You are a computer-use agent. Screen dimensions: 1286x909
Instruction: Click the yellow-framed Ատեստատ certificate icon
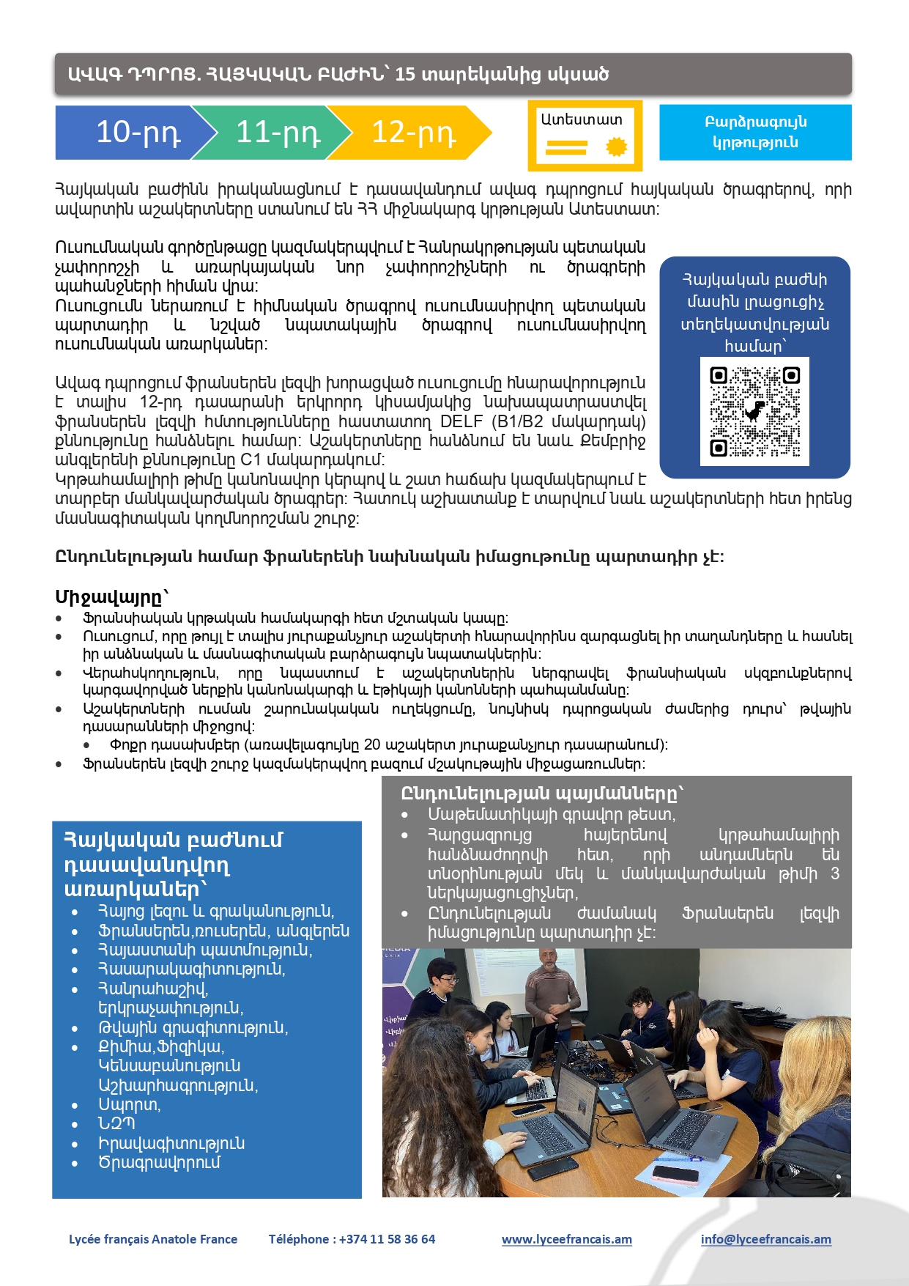tap(585, 136)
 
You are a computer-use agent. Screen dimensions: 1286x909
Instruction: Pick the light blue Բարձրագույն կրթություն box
tap(755, 132)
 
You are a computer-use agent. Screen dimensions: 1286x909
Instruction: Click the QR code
tap(754, 411)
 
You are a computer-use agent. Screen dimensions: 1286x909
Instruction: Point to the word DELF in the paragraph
tap(461, 422)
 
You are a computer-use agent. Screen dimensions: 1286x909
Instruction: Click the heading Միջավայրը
tap(112, 596)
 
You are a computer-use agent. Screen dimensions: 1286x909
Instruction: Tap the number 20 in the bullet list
tap(372, 745)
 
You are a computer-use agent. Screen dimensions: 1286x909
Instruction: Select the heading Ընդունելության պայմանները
tap(542, 794)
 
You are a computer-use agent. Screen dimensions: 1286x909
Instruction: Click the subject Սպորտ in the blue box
tap(129, 1104)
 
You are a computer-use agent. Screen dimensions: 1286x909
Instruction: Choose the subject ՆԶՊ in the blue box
tap(116, 1123)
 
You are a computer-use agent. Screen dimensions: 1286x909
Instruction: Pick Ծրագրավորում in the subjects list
tap(159, 1162)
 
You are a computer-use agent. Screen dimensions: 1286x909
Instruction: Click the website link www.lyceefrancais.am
tap(567, 1239)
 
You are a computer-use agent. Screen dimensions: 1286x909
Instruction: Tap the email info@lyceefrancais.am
tap(765, 1239)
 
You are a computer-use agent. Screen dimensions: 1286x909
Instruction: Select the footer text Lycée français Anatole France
tap(153, 1239)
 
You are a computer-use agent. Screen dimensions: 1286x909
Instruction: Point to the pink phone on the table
tap(675, 1175)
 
